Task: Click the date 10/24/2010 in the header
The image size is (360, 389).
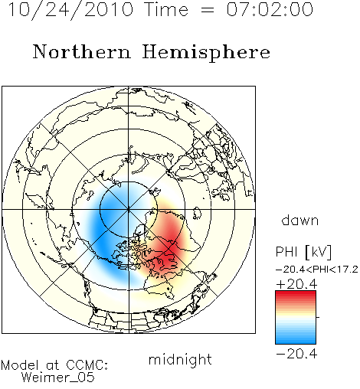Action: pyautogui.click(x=70, y=9)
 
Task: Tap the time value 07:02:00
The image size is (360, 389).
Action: pyautogui.click(x=270, y=9)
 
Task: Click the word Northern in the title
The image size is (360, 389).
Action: pyautogui.click(x=82, y=52)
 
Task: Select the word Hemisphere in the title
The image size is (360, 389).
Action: pyautogui.click(x=206, y=53)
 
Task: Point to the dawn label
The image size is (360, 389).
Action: pyautogui.click(x=300, y=221)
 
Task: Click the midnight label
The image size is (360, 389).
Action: pyautogui.click(x=180, y=360)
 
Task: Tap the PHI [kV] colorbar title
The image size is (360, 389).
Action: pyautogui.click(x=303, y=252)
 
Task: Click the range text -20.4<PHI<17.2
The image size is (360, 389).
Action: pyautogui.click(x=317, y=270)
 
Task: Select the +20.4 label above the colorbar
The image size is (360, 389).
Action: pyautogui.click(x=296, y=284)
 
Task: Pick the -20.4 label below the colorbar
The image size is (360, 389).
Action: pyautogui.click(x=296, y=354)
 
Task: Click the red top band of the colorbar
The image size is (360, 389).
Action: pyautogui.click(x=296, y=294)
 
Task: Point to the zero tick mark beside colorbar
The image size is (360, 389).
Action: pyautogui.click(x=318, y=317)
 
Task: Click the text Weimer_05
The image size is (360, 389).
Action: pyautogui.click(x=58, y=378)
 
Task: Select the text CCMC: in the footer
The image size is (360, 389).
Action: pyautogui.click(x=87, y=365)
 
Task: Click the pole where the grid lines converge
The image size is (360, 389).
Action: pyautogui.click(x=128, y=209)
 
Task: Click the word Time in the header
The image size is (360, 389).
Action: pyautogui.click(x=166, y=9)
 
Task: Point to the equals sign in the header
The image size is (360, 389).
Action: pyautogui.click(x=208, y=10)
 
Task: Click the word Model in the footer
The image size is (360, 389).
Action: pyautogui.click(x=20, y=365)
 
